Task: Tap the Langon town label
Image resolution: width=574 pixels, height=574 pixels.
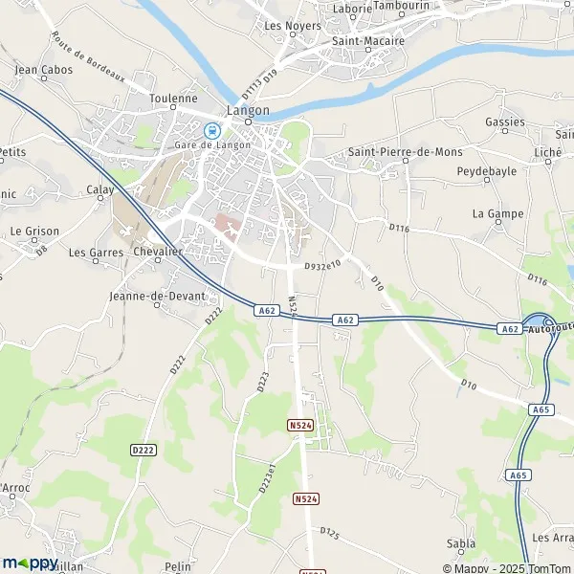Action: (x=248, y=110)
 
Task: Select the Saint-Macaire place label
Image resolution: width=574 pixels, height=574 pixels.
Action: (x=368, y=41)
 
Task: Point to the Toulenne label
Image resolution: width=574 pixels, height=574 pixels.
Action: (x=174, y=99)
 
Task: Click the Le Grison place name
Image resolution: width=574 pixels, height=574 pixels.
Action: (x=34, y=232)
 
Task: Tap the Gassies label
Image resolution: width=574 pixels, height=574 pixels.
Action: (x=504, y=122)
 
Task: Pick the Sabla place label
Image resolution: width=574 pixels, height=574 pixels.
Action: (x=461, y=543)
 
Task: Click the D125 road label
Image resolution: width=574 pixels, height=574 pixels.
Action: (x=330, y=531)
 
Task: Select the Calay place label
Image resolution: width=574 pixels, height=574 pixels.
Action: (x=100, y=189)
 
